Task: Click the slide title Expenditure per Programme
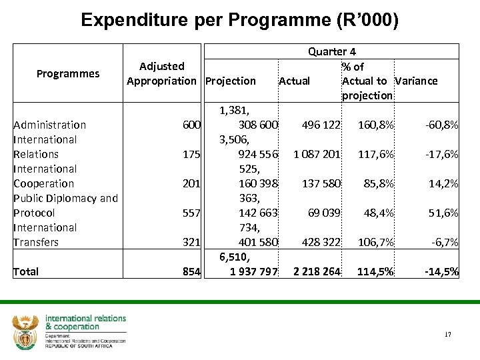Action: (x=239, y=20)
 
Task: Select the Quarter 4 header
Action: (x=331, y=51)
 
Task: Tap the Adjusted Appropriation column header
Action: (x=162, y=73)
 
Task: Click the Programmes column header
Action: (x=68, y=73)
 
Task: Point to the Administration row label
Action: (x=50, y=125)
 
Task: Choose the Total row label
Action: (x=26, y=271)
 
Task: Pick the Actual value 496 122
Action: (x=321, y=125)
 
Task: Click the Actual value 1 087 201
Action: (x=317, y=154)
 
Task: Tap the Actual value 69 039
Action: (x=325, y=213)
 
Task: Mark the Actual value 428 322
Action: (x=321, y=242)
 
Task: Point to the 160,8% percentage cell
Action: (x=376, y=125)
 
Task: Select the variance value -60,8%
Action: (x=441, y=125)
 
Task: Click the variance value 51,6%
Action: (x=443, y=213)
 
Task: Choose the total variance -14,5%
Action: (x=441, y=271)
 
